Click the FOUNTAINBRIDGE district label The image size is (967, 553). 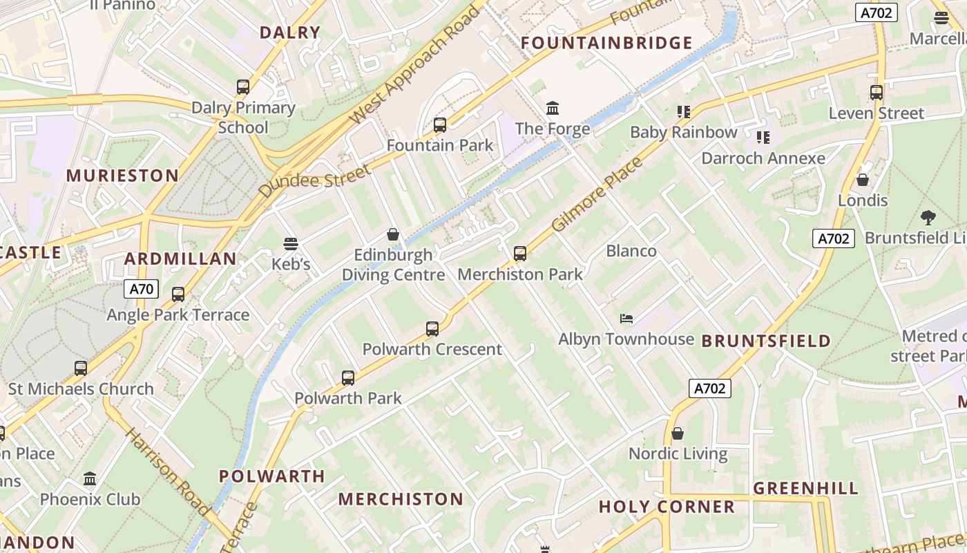click(x=606, y=43)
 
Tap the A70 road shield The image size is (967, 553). click(x=141, y=288)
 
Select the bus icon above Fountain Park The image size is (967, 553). click(x=440, y=125)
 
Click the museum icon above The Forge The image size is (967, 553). click(x=553, y=109)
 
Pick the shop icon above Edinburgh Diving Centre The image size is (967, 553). click(x=393, y=235)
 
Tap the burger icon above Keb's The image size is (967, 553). click(x=291, y=244)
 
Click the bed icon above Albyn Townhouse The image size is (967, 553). click(x=626, y=319)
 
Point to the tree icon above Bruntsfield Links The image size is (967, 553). click(x=928, y=218)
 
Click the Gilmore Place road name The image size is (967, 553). click(x=598, y=195)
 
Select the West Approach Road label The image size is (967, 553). click(x=414, y=66)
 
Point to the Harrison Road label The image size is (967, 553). click(x=167, y=472)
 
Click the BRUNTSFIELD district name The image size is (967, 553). click(x=766, y=341)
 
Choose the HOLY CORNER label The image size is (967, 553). click(x=667, y=507)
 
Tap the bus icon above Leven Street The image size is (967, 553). click(x=877, y=93)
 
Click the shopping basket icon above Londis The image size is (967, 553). click(x=863, y=180)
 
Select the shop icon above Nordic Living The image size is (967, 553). click(x=678, y=433)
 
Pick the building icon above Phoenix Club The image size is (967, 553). click(x=90, y=478)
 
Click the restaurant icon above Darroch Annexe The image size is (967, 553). click(x=763, y=138)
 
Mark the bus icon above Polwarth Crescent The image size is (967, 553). click(x=432, y=329)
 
